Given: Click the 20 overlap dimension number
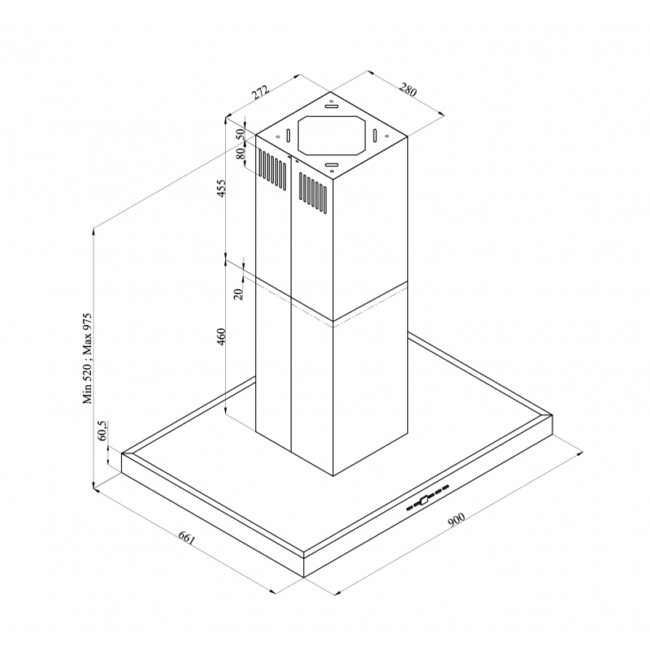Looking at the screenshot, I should click(238, 293).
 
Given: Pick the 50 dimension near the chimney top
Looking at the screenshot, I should click(240, 135).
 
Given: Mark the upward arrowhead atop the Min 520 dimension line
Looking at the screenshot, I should click(96, 232).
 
